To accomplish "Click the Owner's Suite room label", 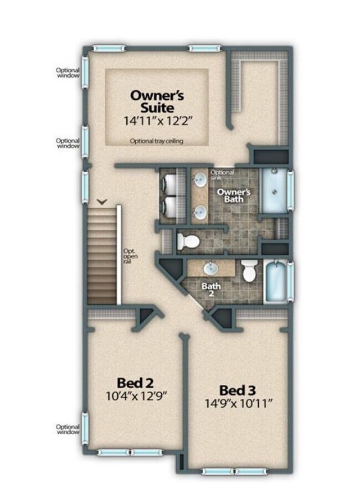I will (157, 101).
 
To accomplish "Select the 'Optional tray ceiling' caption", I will (157, 141).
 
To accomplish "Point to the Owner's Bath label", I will (234, 195).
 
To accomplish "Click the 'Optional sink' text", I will (222, 175).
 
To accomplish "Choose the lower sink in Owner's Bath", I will (200, 211).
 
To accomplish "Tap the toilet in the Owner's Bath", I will (188, 241).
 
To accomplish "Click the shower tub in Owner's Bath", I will (274, 192).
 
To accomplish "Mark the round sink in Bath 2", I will (211, 269).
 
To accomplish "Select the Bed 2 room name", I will (135, 382).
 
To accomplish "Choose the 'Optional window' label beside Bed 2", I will (68, 429).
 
